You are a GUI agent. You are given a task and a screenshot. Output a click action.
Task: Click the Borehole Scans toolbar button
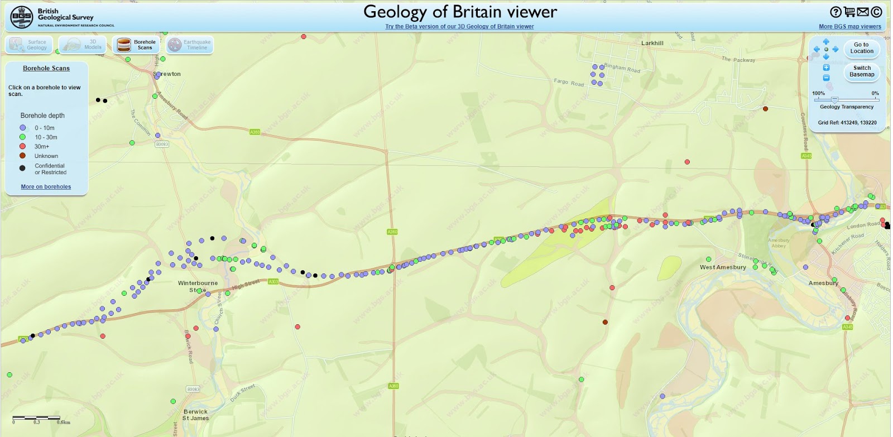click(x=136, y=45)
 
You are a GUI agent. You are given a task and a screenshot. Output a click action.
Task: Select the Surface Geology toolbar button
click(x=29, y=45)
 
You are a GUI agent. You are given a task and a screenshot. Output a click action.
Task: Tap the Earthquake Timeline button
click(x=190, y=45)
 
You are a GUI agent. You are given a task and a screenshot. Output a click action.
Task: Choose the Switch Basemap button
click(x=861, y=71)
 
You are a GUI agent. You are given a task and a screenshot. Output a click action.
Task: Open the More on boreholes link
click(x=46, y=187)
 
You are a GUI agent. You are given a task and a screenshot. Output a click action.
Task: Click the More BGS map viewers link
click(x=849, y=27)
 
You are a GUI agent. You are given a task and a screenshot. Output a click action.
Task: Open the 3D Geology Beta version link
click(x=459, y=27)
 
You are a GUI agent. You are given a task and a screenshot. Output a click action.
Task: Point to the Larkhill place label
click(x=652, y=43)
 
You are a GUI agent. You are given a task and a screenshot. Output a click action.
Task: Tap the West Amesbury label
click(x=723, y=267)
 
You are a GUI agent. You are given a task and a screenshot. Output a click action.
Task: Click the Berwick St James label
click(x=195, y=415)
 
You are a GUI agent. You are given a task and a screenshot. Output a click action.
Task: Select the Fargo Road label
click(x=568, y=83)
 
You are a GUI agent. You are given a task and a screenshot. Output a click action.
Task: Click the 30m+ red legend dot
click(x=22, y=146)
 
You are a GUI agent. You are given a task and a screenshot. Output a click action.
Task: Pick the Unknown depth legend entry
click(x=46, y=156)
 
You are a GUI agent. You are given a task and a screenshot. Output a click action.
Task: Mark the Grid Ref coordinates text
click(x=847, y=123)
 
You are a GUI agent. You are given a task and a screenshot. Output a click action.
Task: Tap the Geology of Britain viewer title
click(x=460, y=12)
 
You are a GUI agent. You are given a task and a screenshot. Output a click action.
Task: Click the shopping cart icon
click(x=849, y=12)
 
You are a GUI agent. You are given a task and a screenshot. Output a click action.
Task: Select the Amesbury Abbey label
click(x=778, y=243)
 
